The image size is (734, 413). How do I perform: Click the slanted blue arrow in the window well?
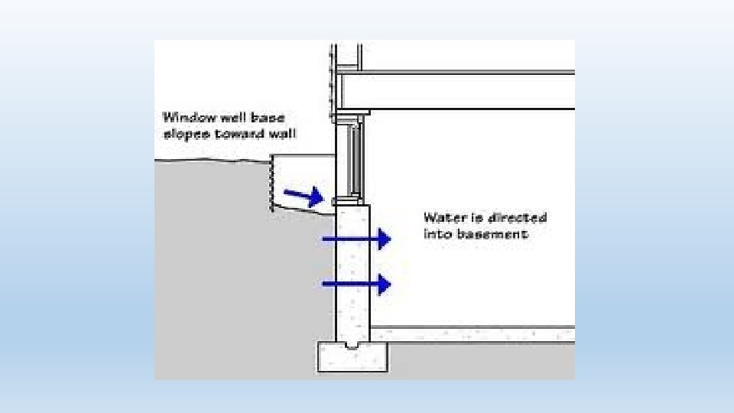click(x=304, y=197)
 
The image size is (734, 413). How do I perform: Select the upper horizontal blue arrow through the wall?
click(x=357, y=239)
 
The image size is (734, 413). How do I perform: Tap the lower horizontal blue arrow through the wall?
click(x=357, y=285)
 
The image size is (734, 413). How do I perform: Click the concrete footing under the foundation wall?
click(x=352, y=359)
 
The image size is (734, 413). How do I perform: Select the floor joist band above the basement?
click(x=459, y=92)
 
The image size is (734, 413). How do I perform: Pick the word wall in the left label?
click(x=284, y=132)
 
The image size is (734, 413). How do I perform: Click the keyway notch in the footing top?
click(x=352, y=346)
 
